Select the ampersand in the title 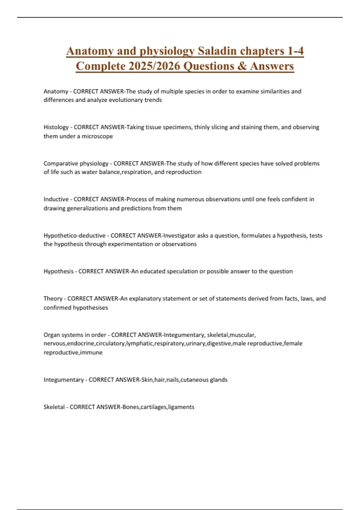[x=241, y=66]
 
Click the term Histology [x=56, y=127]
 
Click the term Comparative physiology [x=76, y=163]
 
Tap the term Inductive [x=56, y=199]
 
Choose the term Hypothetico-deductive [x=74, y=235]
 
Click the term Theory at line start [x=53, y=298]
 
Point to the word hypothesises [x=90, y=307]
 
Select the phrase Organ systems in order [x=75, y=335]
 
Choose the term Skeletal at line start [x=54, y=407]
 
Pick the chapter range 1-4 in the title [x=295, y=51]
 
